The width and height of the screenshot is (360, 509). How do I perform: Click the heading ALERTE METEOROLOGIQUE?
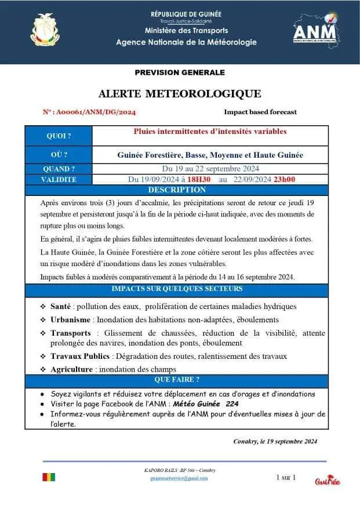(x=180, y=93)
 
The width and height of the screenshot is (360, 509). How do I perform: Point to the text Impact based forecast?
(x=260, y=112)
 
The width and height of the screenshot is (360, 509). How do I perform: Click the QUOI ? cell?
(x=59, y=136)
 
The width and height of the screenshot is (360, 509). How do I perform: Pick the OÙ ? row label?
(x=59, y=155)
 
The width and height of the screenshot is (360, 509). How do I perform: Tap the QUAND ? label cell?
(x=59, y=169)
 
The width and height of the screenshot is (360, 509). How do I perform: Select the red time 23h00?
(x=284, y=180)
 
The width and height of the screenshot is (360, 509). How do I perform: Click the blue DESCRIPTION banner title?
(x=177, y=190)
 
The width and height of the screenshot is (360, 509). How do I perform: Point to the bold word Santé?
(x=61, y=306)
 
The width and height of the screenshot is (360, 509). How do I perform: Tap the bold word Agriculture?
(x=71, y=369)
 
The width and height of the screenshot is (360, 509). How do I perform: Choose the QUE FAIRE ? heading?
(x=177, y=380)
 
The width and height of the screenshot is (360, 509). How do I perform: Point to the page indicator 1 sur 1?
(x=286, y=477)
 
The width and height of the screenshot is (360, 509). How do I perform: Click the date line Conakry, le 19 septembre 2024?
(x=275, y=441)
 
